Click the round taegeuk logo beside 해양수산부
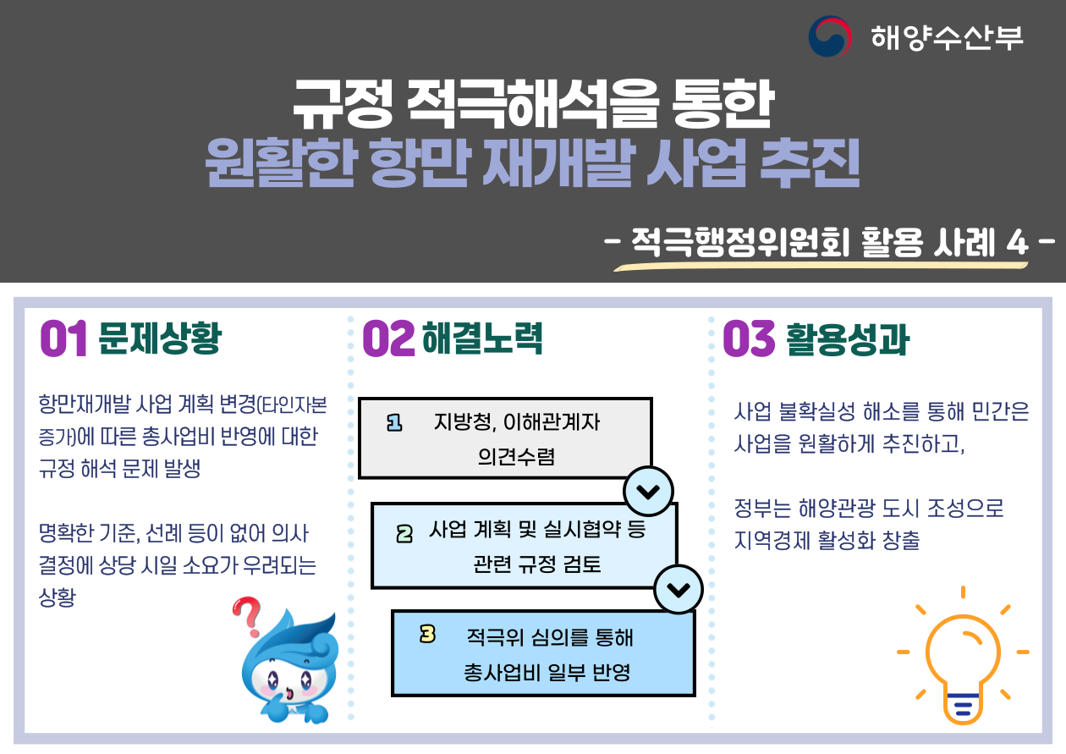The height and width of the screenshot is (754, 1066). (x=830, y=36)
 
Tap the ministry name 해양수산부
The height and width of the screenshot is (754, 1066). (x=947, y=37)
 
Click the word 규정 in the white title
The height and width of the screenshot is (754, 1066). (x=343, y=104)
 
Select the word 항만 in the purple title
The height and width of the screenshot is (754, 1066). (x=420, y=162)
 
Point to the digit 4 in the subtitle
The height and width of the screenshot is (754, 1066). (x=1018, y=243)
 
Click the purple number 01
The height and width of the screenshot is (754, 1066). (x=63, y=338)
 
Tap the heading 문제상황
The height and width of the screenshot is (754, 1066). (x=160, y=338)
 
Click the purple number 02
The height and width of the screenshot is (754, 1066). (x=388, y=338)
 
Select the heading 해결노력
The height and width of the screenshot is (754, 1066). (x=482, y=338)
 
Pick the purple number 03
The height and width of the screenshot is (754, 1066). (x=749, y=338)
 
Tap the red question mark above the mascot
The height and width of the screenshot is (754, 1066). (x=247, y=616)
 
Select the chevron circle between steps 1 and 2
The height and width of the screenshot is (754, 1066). (x=648, y=491)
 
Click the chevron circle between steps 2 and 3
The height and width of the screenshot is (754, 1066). (x=679, y=589)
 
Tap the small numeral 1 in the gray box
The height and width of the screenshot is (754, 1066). (x=394, y=423)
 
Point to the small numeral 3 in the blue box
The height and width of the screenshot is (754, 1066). (x=427, y=634)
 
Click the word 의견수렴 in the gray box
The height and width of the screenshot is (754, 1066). (x=516, y=456)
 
